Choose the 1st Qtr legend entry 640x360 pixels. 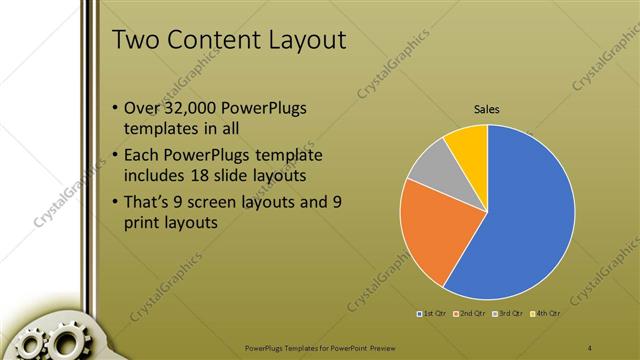pyautogui.click(x=432, y=314)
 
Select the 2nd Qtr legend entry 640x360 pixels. pyautogui.click(x=469, y=314)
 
